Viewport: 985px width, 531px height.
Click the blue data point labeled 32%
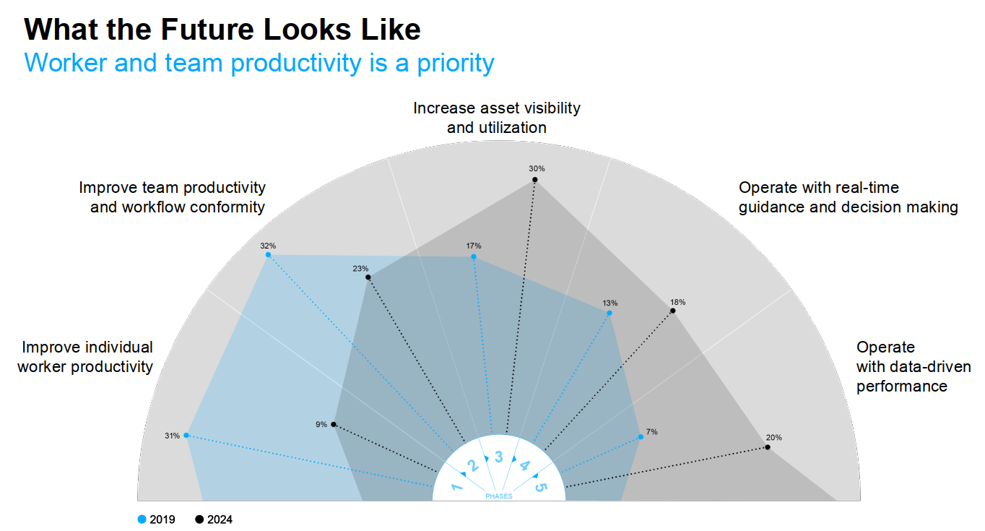268,255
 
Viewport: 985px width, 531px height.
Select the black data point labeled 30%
535,179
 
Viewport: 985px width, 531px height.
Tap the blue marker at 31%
186,436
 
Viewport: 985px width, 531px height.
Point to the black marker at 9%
333,425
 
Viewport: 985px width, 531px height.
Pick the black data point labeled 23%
368,277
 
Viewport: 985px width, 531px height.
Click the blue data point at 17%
474,257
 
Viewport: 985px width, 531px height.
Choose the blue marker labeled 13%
609,314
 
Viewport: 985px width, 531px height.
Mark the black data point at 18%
673,311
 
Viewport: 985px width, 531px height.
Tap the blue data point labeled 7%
641,437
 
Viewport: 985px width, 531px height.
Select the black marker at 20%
768,447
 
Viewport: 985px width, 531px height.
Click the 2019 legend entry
156,519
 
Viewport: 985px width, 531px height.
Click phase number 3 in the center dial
498,457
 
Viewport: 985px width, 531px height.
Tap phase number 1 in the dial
457,488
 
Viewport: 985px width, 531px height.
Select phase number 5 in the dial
540,488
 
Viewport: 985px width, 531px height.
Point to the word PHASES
498,496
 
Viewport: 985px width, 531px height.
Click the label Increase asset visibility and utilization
497,118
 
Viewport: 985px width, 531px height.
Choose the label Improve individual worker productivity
86,357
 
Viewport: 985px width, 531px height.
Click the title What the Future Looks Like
222,30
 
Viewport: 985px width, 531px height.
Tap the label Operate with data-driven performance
901,366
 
